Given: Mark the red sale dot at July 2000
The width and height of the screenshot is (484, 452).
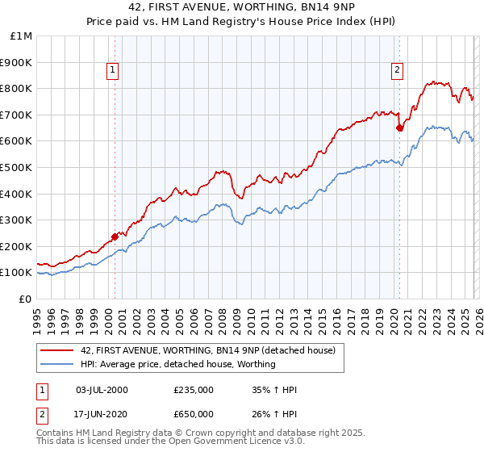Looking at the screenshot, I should [x=115, y=236].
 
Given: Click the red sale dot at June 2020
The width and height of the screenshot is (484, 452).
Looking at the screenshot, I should [x=399, y=128].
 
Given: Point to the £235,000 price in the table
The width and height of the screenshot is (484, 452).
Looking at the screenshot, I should [x=194, y=390].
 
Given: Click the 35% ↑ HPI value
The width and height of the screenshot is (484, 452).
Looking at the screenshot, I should [x=275, y=390].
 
